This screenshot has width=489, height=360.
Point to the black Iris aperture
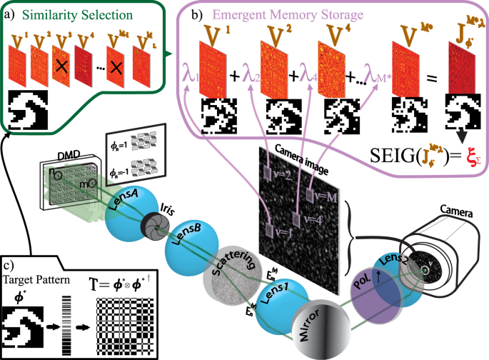coord(153,224)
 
